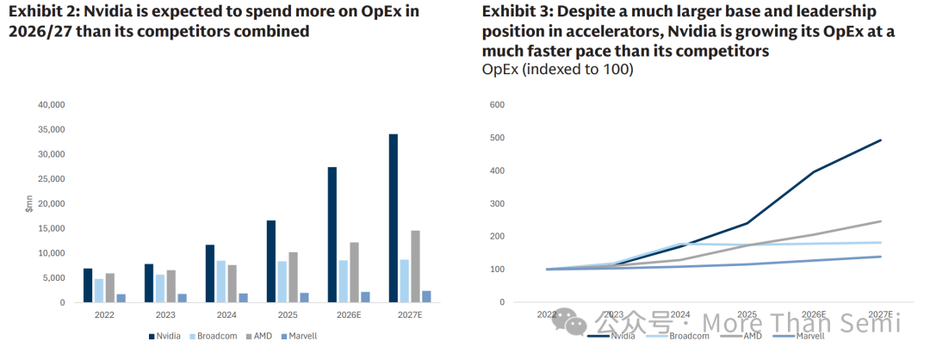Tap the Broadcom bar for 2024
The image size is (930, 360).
221,282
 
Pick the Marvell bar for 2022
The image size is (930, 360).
121,298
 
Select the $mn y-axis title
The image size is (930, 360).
28,204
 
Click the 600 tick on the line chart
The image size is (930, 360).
498,105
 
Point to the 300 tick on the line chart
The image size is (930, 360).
498,204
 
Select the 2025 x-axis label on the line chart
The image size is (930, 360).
747,315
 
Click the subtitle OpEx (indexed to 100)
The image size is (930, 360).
557,70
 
